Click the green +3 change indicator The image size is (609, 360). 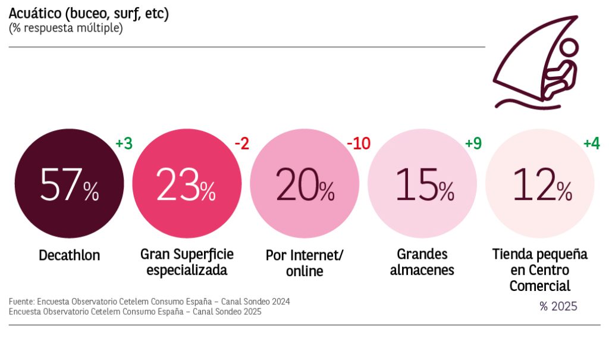(x=124, y=144)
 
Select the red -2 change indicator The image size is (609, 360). (x=241, y=144)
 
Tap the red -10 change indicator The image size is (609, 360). (x=358, y=144)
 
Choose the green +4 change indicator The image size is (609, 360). (x=591, y=144)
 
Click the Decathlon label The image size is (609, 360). (x=69, y=256)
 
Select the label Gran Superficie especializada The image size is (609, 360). (x=187, y=262)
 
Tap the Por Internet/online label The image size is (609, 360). (x=304, y=263)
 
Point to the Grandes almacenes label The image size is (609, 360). (x=422, y=262)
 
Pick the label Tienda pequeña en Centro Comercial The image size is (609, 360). (x=539, y=270)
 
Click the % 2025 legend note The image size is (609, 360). (x=558, y=307)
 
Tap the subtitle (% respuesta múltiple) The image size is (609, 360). (x=65, y=29)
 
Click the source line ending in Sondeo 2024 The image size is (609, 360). (x=149, y=302)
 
